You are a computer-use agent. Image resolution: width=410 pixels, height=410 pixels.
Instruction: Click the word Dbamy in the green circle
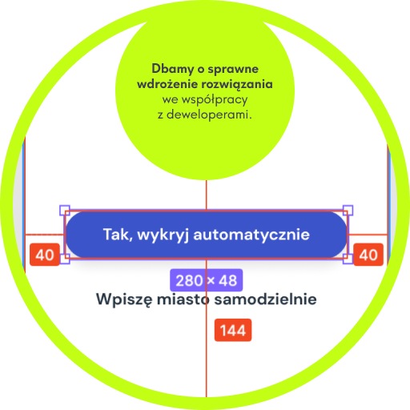click(173, 69)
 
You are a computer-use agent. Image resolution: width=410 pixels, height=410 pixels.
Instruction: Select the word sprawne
click(233, 70)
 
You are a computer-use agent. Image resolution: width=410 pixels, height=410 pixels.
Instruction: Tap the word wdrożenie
click(167, 84)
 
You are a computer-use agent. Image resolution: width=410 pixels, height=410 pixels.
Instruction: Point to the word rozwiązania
click(237, 85)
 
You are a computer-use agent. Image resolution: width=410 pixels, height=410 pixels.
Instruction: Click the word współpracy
click(215, 100)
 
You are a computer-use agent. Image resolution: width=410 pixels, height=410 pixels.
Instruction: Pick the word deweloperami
click(209, 115)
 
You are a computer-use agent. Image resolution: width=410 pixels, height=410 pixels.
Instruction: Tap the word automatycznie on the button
click(251, 235)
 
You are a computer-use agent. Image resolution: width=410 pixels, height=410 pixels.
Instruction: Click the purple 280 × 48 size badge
click(207, 280)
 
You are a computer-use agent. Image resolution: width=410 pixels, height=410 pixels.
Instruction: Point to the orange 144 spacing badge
click(233, 330)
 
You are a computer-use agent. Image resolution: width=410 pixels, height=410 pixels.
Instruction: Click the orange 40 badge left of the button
click(45, 255)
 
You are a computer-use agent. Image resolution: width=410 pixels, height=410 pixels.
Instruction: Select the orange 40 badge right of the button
click(368, 255)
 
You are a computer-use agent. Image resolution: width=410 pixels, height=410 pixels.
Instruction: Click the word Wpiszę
click(124, 299)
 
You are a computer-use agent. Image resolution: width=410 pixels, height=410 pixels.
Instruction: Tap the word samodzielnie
click(266, 299)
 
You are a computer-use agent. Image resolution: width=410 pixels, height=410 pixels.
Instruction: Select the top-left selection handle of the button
click(65, 211)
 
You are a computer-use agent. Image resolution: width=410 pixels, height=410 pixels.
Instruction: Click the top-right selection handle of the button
click(348, 211)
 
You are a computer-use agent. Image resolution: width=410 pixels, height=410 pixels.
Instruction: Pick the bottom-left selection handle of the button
click(65, 259)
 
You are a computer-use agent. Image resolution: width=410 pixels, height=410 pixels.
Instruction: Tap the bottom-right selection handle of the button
click(348, 259)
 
